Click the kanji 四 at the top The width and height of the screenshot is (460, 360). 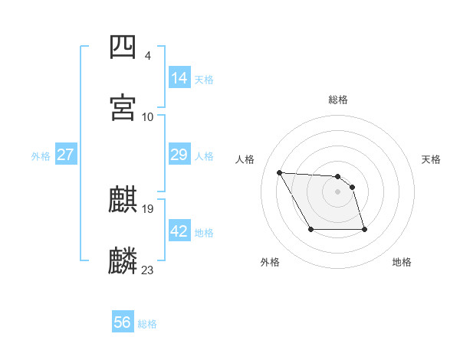point(123,47)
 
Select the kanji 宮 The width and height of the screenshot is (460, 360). point(123,107)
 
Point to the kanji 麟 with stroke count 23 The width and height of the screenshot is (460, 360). point(123,260)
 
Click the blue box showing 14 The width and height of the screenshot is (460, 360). point(179,77)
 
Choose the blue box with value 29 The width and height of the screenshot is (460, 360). point(179,155)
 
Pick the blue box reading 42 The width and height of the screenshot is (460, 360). point(179,231)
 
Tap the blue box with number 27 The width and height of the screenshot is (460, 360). point(65,155)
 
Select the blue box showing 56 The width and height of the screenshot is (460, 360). point(123,322)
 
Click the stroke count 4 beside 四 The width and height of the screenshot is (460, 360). point(147,56)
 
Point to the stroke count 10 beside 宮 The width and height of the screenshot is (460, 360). point(148,116)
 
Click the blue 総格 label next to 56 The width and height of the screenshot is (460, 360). point(147,324)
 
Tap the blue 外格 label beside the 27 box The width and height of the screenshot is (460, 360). point(41,156)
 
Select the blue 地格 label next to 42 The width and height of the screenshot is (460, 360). point(204,233)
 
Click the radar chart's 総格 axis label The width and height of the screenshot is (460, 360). point(338,100)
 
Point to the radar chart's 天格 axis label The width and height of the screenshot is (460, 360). point(432,159)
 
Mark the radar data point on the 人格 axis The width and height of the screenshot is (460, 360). point(280,172)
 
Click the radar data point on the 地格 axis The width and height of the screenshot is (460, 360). point(364,229)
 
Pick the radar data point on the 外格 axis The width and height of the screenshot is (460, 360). point(310,229)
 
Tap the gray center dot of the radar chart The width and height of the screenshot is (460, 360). point(338,191)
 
